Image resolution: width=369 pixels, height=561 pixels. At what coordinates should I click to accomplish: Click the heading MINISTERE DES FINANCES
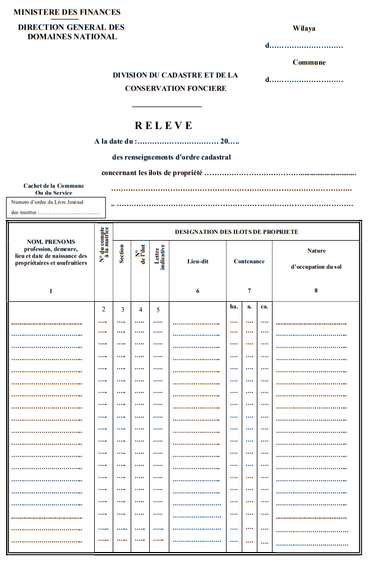click(67, 12)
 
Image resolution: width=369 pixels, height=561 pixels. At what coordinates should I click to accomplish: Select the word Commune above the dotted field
click(309, 62)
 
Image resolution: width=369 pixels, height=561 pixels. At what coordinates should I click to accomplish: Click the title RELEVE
click(164, 126)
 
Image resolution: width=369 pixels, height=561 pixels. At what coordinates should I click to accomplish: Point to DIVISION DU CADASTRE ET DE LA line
click(176, 75)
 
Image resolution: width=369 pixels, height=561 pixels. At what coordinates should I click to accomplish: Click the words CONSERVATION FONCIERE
click(176, 88)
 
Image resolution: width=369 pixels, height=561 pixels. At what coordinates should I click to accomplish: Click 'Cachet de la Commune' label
click(54, 186)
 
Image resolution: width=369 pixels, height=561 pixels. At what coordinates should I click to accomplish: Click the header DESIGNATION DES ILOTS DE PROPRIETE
click(237, 232)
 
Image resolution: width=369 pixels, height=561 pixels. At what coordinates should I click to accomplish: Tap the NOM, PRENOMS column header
click(51, 242)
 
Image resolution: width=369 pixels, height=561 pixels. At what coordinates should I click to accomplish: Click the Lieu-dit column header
click(197, 261)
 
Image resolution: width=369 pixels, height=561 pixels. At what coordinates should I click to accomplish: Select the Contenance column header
click(249, 261)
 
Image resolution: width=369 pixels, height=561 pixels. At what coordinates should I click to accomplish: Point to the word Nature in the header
click(316, 251)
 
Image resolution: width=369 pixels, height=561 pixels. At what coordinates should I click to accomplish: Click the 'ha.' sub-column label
click(234, 307)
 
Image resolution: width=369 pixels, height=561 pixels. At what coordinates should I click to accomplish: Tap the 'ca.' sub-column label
click(264, 307)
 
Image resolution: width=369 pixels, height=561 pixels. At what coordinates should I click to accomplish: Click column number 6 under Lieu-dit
click(197, 291)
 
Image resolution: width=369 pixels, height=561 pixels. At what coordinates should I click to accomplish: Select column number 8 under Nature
click(316, 291)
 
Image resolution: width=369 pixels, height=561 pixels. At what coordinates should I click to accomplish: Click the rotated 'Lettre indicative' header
click(159, 257)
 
